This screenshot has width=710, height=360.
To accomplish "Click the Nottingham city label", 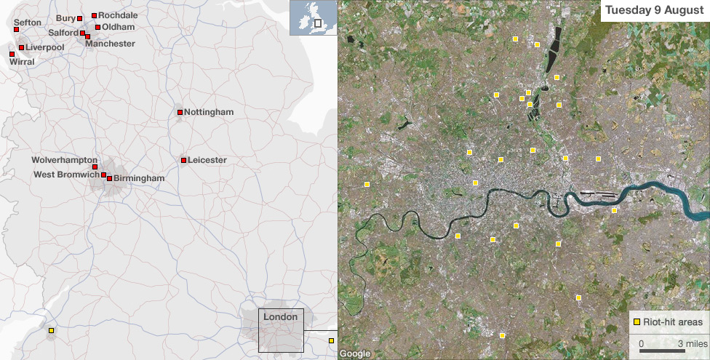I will [x=209, y=112].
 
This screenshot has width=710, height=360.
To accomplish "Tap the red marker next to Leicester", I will [x=183, y=160].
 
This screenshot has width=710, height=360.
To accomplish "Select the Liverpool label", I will [x=45, y=47].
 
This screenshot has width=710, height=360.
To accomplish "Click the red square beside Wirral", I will [x=12, y=54].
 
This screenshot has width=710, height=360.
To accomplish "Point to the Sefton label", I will [x=28, y=23].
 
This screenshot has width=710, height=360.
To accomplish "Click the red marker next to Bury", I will [x=80, y=18].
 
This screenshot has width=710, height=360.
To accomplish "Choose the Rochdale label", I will [x=118, y=15].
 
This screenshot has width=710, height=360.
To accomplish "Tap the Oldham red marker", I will [x=97, y=27].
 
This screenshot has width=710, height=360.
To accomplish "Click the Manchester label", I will [x=110, y=44].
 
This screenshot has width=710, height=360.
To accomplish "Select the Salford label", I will [x=63, y=33].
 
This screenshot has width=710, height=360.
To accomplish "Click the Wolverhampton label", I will [x=64, y=159].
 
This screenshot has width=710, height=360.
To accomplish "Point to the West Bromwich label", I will [x=66, y=175].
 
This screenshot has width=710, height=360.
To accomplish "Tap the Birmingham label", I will [x=139, y=178].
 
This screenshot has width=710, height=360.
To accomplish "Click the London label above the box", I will [x=280, y=317].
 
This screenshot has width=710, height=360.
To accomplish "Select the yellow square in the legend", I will [x=637, y=321].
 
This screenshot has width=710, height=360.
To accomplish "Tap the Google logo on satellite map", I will [x=355, y=354].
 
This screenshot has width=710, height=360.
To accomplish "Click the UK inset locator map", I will [x=313, y=18].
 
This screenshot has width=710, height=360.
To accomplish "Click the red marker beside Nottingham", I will [x=180, y=112].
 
